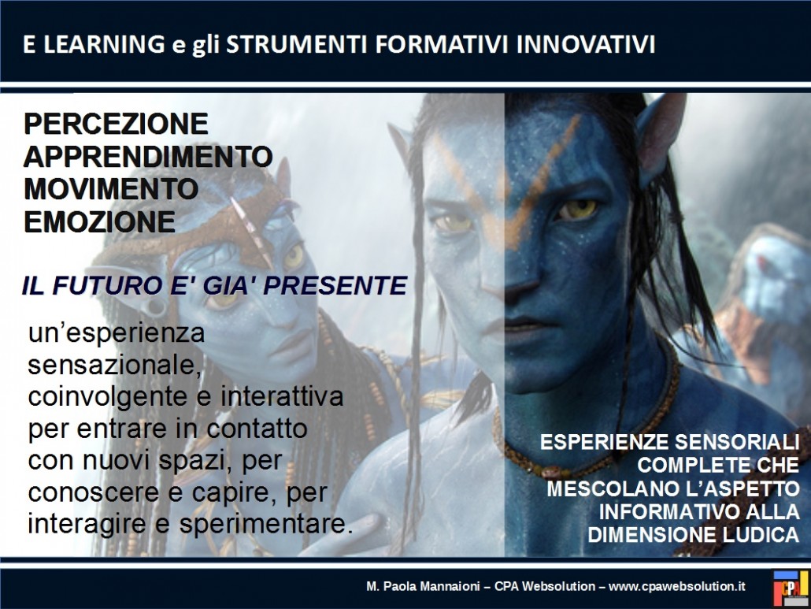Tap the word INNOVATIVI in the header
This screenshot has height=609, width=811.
[586, 44]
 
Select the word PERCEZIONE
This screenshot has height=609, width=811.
[116, 124]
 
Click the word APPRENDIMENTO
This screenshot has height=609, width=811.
[148, 157]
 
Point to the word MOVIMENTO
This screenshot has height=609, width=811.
[111, 189]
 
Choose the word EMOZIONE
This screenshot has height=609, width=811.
[100, 222]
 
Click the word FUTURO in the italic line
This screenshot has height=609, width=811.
[107, 286]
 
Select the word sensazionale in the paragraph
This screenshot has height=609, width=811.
[114, 366]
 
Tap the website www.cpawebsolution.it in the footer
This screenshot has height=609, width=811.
[677, 586]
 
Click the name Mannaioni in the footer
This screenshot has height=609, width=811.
[450, 586]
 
